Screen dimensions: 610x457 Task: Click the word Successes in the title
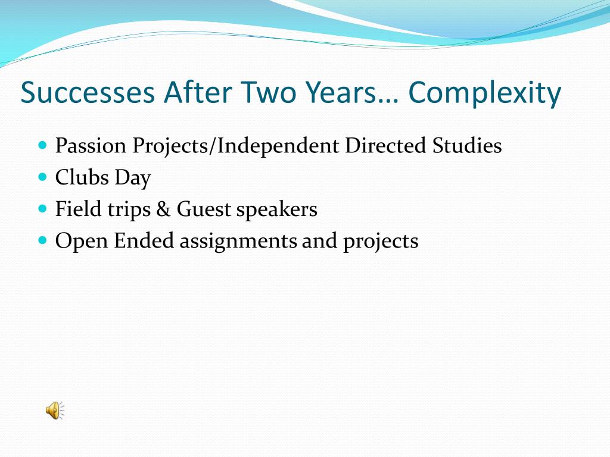pyautogui.click(x=88, y=92)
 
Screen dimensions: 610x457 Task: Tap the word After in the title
pyautogui.click(x=198, y=92)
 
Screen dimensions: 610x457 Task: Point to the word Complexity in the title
pyautogui.click(x=485, y=94)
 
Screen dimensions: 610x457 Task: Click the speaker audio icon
pyautogui.click(x=55, y=411)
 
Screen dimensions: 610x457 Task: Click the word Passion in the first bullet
pyautogui.click(x=91, y=146)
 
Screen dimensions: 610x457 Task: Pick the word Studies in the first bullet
pyautogui.click(x=467, y=145)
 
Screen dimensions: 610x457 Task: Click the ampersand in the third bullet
pyautogui.click(x=163, y=209)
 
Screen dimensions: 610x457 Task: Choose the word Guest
pyautogui.click(x=204, y=209)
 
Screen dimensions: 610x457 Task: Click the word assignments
pyautogui.click(x=238, y=242)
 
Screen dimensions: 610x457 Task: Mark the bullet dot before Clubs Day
pyautogui.click(x=43, y=177)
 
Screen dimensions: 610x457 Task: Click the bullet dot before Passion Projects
pyautogui.click(x=43, y=145)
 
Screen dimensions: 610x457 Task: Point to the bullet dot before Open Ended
pyautogui.click(x=43, y=240)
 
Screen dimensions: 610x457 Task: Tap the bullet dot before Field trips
pyautogui.click(x=43, y=209)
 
